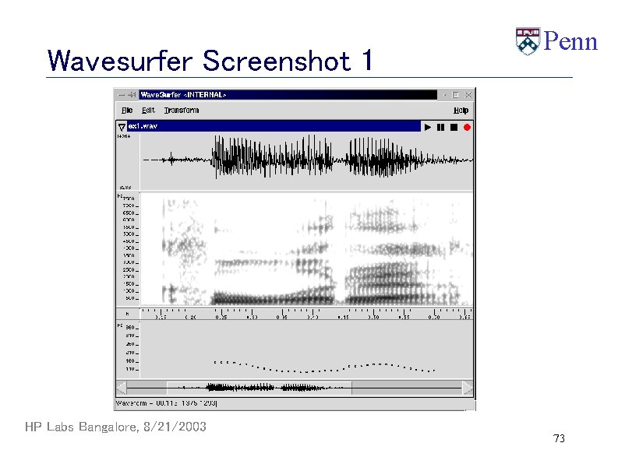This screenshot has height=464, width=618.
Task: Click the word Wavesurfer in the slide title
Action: (x=121, y=60)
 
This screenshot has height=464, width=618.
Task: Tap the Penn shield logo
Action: (x=527, y=41)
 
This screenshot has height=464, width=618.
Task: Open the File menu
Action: (x=126, y=111)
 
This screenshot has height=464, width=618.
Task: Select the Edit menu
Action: (x=148, y=111)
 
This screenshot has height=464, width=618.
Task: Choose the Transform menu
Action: (x=181, y=111)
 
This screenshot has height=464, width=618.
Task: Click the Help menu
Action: (x=461, y=111)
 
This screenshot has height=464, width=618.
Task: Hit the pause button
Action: (x=440, y=127)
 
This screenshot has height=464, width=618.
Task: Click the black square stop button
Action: (x=453, y=127)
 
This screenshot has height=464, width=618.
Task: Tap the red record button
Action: (x=466, y=127)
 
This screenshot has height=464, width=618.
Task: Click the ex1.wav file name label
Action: (x=143, y=126)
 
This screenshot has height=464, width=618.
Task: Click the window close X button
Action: (x=468, y=94)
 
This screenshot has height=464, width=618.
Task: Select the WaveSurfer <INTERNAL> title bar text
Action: (x=183, y=94)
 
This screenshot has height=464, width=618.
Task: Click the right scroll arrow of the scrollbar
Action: (x=468, y=388)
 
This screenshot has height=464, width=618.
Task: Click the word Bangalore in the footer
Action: (x=107, y=427)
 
